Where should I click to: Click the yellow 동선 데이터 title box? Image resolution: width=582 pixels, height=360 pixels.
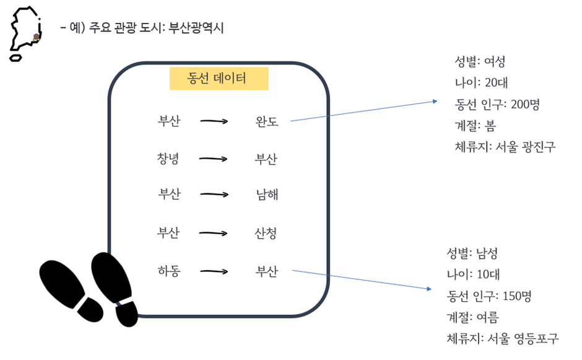219,79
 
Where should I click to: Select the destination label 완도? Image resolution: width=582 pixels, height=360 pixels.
267,121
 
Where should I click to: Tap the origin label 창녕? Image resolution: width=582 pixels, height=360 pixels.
168,159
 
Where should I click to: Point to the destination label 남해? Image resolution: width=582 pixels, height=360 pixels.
267,195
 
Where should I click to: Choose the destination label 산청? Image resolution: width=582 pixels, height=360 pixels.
266,234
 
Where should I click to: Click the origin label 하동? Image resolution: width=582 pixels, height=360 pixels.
169,271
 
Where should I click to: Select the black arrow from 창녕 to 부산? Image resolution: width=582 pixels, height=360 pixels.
213,159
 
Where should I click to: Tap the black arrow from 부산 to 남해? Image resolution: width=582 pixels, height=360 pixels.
214,195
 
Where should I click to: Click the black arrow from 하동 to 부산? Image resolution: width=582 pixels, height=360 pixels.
214,271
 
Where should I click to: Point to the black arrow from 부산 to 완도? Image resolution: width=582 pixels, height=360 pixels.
214,121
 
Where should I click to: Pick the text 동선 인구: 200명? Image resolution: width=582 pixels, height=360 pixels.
497,104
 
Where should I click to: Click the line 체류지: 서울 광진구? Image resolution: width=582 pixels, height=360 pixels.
505,147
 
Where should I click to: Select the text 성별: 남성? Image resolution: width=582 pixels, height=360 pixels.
472,253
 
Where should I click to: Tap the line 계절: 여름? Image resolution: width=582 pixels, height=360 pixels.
472,318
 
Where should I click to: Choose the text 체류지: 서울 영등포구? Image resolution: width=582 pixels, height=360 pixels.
503,339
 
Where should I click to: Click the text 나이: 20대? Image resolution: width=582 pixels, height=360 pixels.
482,82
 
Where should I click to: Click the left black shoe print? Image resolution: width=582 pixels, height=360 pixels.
71,291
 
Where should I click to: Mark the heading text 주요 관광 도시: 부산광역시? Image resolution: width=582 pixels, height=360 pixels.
156,28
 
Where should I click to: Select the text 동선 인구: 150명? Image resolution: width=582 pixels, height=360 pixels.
489,296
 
